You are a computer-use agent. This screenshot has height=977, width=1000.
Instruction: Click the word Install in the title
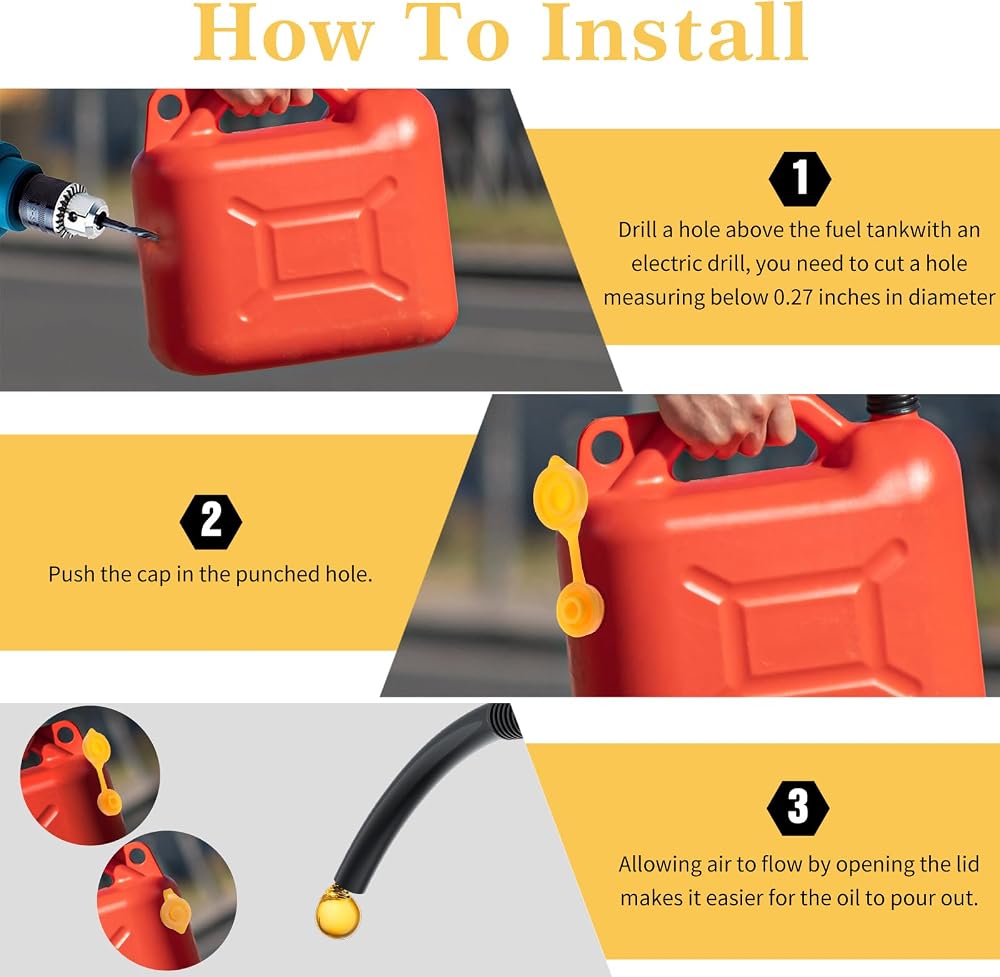[675, 32]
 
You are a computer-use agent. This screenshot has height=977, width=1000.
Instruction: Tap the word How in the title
[284, 33]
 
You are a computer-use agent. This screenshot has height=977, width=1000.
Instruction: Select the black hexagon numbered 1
[800, 179]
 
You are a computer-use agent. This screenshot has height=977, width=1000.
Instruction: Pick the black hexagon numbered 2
[211, 522]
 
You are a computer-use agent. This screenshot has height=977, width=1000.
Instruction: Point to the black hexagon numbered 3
[798, 807]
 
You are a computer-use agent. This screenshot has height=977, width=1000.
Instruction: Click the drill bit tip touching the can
[156, 238]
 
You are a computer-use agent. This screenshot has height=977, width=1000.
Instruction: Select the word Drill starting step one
[636, 230]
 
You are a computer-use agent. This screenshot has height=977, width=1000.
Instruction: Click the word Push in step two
[71, 575]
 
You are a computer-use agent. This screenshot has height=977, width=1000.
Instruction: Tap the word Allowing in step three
[660, 865]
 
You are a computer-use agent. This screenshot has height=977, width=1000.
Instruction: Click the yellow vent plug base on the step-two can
[579, 610]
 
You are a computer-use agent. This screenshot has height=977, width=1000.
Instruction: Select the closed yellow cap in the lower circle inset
[174, 910]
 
